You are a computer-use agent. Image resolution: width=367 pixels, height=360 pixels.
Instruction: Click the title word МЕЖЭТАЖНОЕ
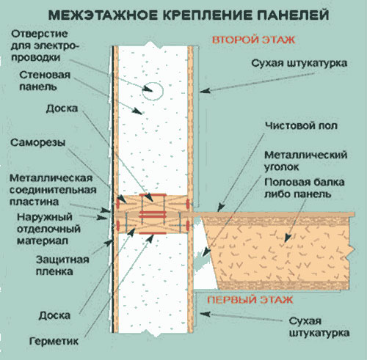103,15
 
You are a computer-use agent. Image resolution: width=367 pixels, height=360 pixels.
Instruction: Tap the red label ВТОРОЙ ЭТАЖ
253,40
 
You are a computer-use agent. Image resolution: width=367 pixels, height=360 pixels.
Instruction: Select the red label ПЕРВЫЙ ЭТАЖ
250,300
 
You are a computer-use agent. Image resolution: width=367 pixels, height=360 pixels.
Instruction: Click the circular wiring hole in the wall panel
153,91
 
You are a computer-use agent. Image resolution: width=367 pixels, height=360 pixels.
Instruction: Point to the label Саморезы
38,142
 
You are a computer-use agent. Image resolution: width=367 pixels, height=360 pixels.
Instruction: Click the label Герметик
54,341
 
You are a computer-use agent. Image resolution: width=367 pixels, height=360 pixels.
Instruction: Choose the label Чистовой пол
301,125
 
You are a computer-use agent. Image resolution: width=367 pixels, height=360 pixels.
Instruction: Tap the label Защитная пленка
62,265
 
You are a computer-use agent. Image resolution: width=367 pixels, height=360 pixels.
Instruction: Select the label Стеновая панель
45,81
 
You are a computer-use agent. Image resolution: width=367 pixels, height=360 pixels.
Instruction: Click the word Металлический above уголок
306,155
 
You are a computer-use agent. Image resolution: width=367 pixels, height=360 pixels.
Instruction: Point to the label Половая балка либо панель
305,188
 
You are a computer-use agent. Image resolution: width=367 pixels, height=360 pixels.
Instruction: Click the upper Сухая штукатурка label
299,63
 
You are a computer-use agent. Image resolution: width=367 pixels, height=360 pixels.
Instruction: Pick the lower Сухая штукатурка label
319,327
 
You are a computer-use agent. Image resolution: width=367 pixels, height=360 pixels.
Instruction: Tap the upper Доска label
62,109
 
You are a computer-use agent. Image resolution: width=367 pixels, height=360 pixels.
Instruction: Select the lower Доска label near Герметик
54,315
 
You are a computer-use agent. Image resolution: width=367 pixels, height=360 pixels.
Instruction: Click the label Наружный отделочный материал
48,229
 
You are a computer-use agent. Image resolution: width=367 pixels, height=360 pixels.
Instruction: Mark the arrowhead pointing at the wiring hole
148,89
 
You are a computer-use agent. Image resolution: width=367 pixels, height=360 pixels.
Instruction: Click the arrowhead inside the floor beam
288,238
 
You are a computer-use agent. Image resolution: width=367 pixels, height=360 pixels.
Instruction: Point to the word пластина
34,202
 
